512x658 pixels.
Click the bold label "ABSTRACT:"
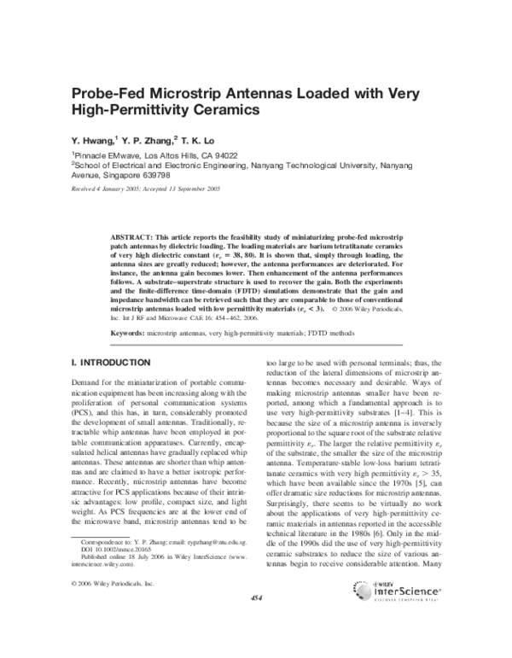135,235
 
